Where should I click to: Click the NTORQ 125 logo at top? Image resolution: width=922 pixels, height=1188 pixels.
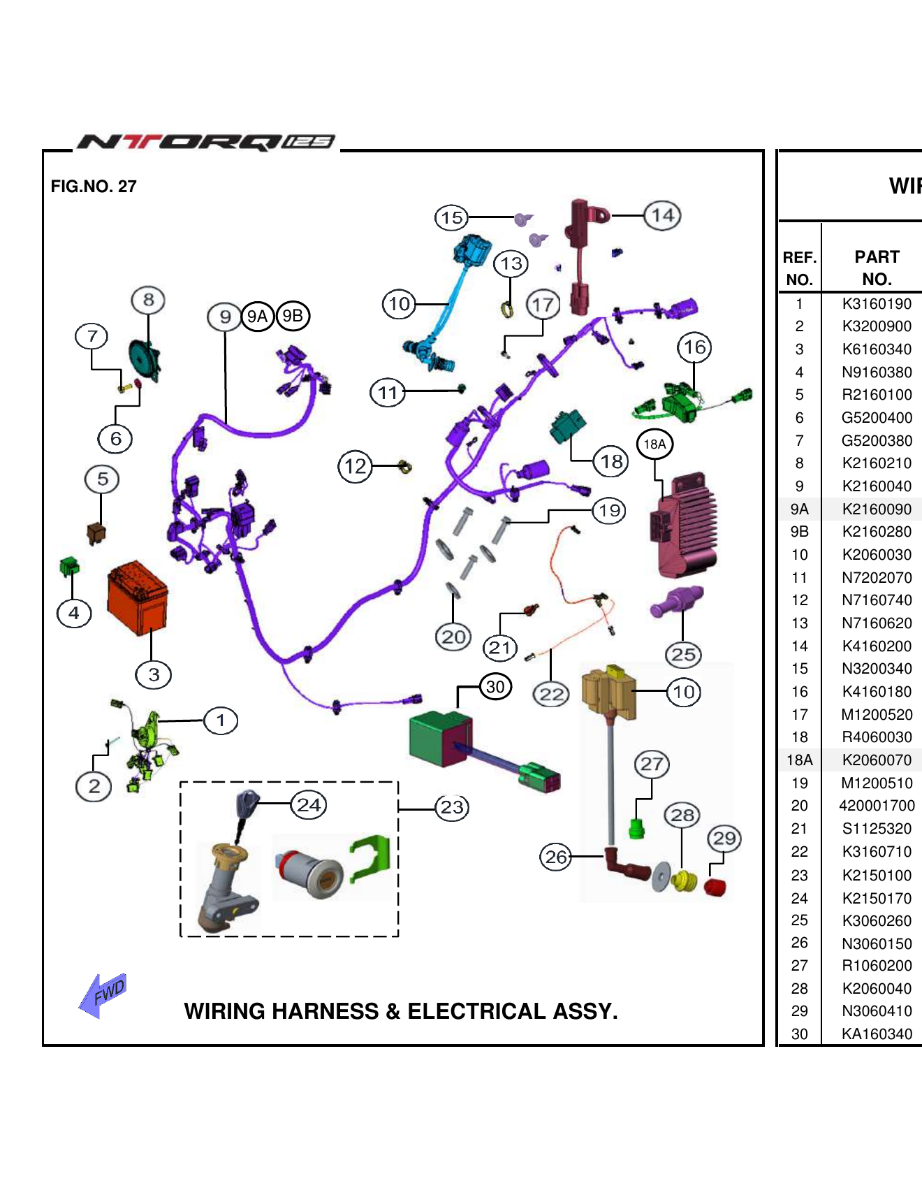click(x=206, y=142)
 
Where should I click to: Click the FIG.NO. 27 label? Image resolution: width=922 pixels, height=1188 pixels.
click(x=94, y=187)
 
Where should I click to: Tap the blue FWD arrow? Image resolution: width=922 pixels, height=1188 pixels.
click(x=103, y=994)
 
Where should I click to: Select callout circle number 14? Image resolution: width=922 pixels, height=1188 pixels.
click(x=662, y=215)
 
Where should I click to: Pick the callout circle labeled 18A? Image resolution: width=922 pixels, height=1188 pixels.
click(x=654, y=444)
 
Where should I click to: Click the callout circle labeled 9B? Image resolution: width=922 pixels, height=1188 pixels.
click(x=293, y=316)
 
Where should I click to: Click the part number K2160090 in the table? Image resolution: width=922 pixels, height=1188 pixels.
click(x=877, y=509)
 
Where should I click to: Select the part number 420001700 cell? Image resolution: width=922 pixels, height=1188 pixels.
click(x=877, y=806)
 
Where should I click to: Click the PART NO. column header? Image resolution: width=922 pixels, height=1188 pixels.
click(x=877, y=268)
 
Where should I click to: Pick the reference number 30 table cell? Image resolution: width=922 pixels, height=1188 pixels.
click(x=799, y=1034)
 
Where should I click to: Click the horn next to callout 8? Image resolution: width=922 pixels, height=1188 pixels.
click(x=145, y=360)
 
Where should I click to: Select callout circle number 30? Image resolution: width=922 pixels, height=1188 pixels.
click(x=495, y=686)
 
